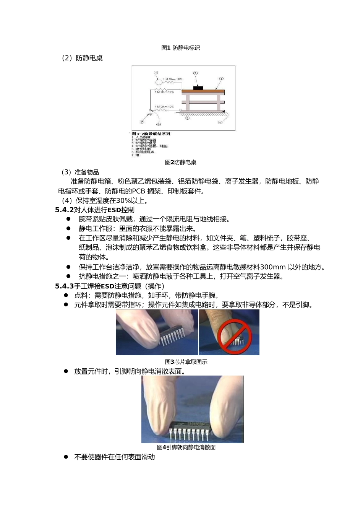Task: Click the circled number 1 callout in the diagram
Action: (156, 73)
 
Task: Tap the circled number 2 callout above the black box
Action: (195, 73)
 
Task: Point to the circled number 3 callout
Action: (221, 79)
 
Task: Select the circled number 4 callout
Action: (220, 122)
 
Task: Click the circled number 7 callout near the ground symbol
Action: (142, 122)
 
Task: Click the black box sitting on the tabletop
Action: (198, 88)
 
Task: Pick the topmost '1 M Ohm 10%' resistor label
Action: (173, 80)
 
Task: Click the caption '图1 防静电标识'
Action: (181, 48)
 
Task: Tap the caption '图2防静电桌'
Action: (181, 162)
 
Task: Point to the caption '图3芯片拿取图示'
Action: (186, 362)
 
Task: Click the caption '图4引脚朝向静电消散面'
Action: (186, 447)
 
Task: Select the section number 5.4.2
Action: (64, 210)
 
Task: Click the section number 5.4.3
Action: (64, 286)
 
